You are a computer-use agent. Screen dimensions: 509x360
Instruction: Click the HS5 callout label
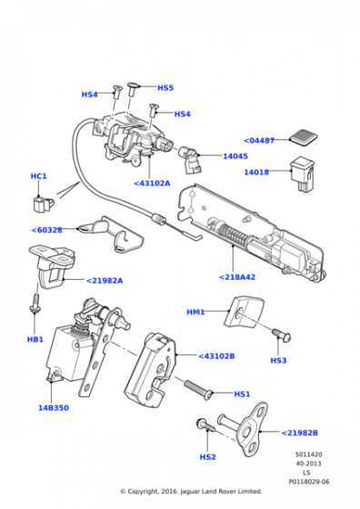[x=165, y=87]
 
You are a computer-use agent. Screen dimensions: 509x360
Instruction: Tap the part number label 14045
[x=235, y=156]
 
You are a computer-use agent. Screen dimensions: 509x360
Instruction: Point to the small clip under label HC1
[x=40, y=197]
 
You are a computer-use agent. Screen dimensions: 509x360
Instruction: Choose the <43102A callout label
[x=153, y=184]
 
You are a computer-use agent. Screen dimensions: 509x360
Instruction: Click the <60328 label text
[x=47, y=230]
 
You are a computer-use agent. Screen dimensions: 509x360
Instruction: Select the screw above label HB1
[x=35, y=304]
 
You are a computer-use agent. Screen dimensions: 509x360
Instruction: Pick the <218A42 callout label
[x=238, y=276]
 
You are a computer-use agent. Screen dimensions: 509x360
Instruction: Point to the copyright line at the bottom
[x=191, y=492]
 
